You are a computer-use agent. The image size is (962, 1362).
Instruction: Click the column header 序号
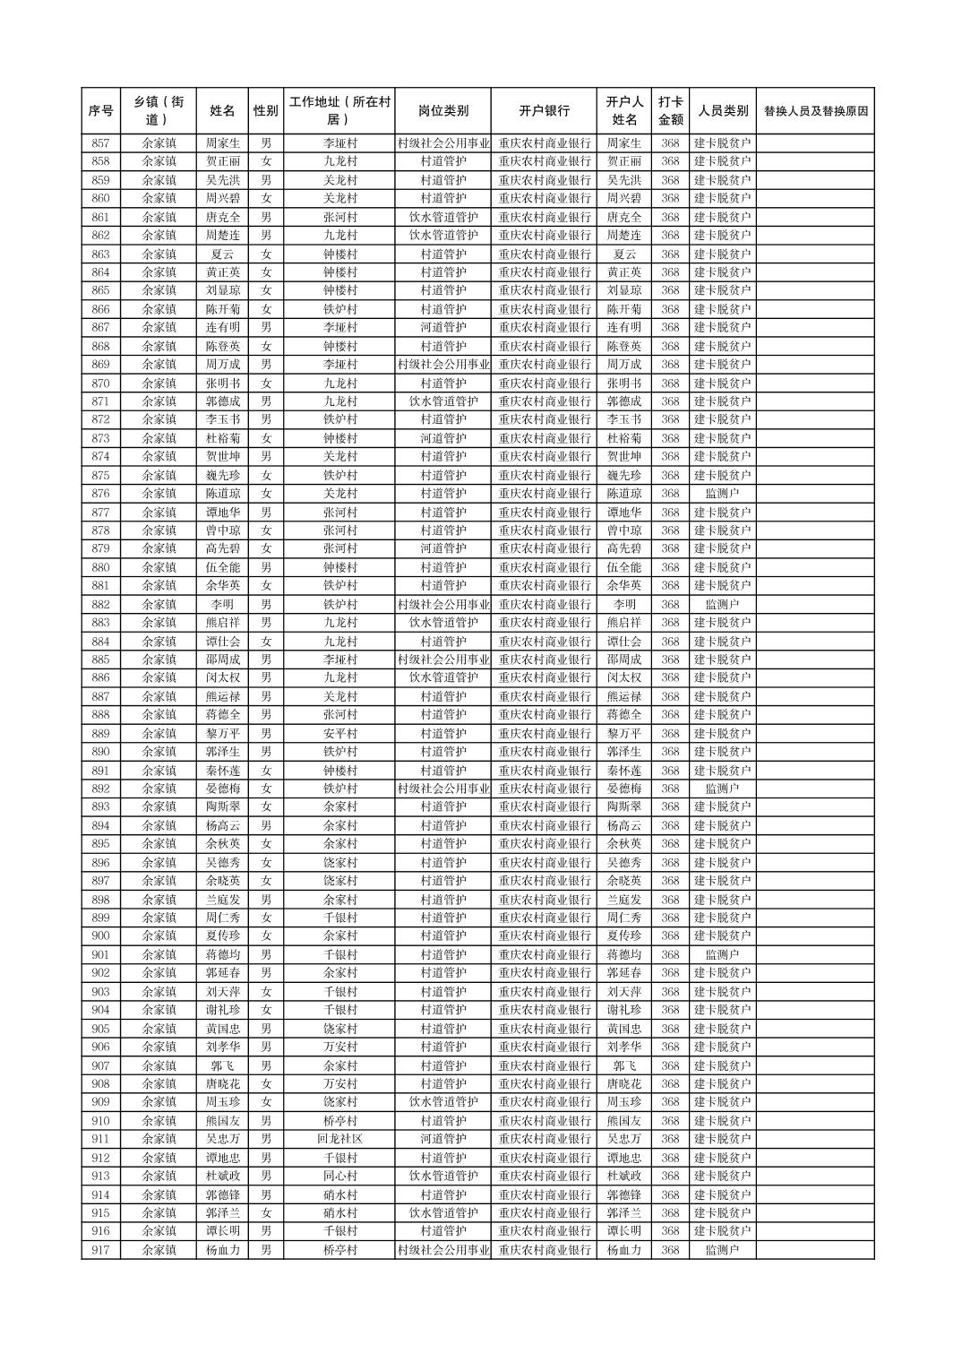100,111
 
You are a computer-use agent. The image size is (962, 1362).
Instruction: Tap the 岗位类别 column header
442,111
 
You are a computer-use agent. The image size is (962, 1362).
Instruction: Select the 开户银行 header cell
544,111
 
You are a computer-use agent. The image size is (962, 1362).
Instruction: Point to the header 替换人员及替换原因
815,111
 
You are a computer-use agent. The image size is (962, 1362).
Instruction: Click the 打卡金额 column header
670,111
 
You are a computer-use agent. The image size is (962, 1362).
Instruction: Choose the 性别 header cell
265,111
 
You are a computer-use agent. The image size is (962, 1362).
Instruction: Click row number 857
100,143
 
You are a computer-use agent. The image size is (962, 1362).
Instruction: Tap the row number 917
100,1250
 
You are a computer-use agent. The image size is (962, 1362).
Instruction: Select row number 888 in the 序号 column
100,715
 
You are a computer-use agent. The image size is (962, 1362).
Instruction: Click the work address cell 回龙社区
339,1139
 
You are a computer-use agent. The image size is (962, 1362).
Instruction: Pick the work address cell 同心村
339,1176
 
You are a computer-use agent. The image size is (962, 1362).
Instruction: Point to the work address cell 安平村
339,734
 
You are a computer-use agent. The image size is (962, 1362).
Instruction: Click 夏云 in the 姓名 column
222,254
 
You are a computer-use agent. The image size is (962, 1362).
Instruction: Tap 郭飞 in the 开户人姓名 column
624,1065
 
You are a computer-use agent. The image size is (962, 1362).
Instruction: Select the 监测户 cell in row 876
722,494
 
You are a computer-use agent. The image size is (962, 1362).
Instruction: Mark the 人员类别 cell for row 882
722,605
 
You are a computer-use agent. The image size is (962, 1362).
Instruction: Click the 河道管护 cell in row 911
442,1139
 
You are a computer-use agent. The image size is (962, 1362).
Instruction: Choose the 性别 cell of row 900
265,936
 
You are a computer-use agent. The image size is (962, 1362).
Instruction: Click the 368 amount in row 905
670,1029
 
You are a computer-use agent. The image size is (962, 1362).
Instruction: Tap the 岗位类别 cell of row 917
442,1250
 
